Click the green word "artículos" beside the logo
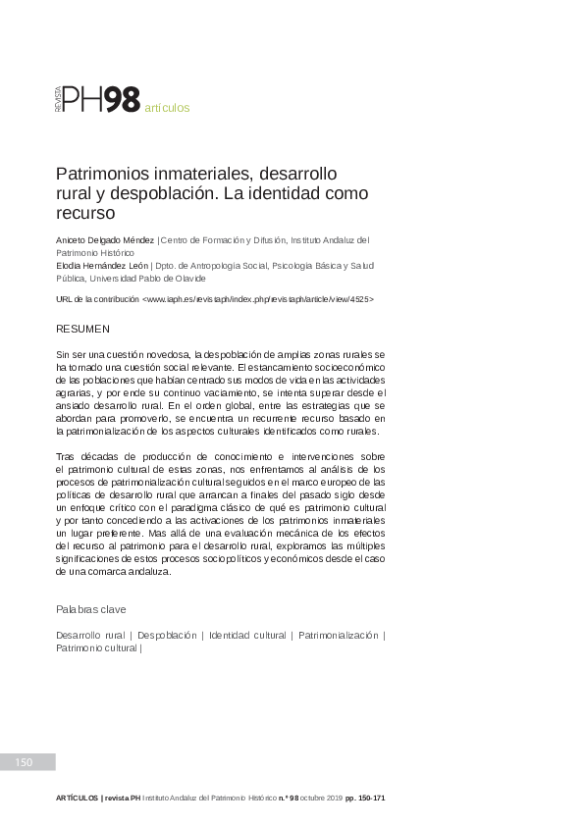point(167,108)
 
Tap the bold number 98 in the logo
point(123,99)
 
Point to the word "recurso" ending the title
point(85,211)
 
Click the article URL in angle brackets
point(257,297)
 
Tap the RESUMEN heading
point(82,328)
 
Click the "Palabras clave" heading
point(90,609)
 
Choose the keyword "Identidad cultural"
point(247,636)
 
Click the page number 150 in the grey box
point(24,762)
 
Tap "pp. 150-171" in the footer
point(365,799)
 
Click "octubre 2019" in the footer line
point(321,799)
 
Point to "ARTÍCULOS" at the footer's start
point(77,799)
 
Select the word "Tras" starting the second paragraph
point(66,457)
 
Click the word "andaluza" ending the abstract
point(147,572)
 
